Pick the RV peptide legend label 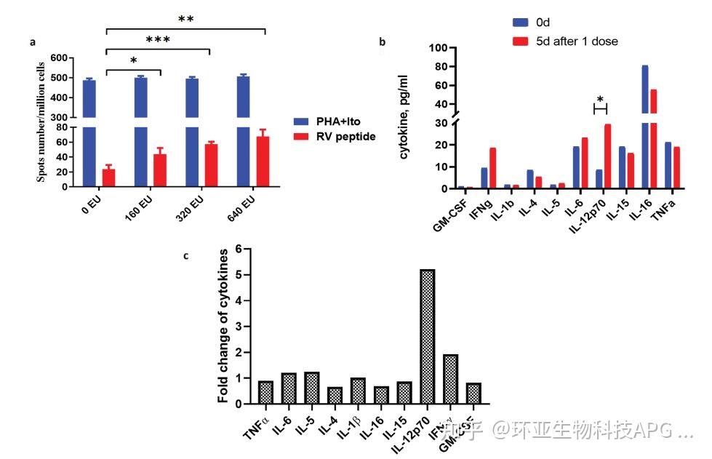(x=346, y=136)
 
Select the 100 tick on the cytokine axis (x=436, y=48)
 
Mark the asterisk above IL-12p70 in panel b (x=600, y=100)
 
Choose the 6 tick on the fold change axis (x=238, y=249)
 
